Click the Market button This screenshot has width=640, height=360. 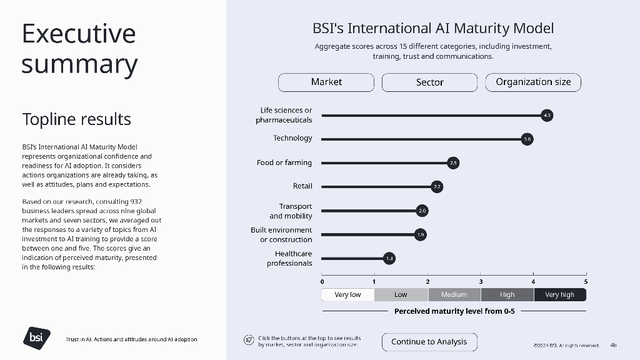[326, 82]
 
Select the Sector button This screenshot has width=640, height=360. [430, 82]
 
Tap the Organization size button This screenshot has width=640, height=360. [533, 82]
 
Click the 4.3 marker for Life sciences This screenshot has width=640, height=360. [547, 116]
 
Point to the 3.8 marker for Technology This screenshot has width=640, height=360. [527, 139]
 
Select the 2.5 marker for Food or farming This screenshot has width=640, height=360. [453, 163]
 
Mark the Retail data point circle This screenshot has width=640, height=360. [437, 187]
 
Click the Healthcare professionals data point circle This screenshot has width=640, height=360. [389, 258]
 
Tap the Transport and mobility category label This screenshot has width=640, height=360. [291, 211]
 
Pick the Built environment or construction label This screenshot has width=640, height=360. [281, 235]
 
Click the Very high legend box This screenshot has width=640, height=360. [560, 295]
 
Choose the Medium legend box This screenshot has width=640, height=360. [454, 295]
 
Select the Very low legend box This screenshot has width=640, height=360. [347, 295]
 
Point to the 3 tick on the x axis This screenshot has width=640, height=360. [481, 274]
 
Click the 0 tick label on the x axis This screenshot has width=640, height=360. [322, 282]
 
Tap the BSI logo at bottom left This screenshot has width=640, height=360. [37, 338]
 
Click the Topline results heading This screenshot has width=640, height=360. [76, 119]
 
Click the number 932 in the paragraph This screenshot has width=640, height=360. [136, 202]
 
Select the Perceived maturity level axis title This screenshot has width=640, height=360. [454, 311]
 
